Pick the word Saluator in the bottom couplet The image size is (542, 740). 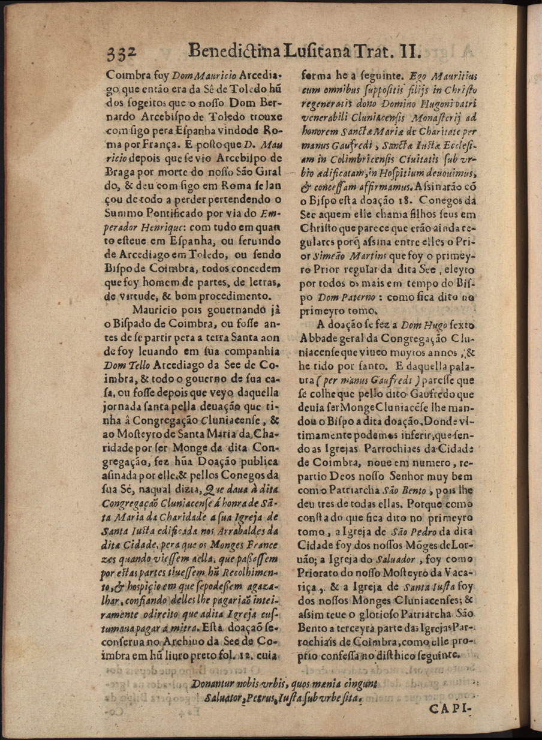pos(225,698)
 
